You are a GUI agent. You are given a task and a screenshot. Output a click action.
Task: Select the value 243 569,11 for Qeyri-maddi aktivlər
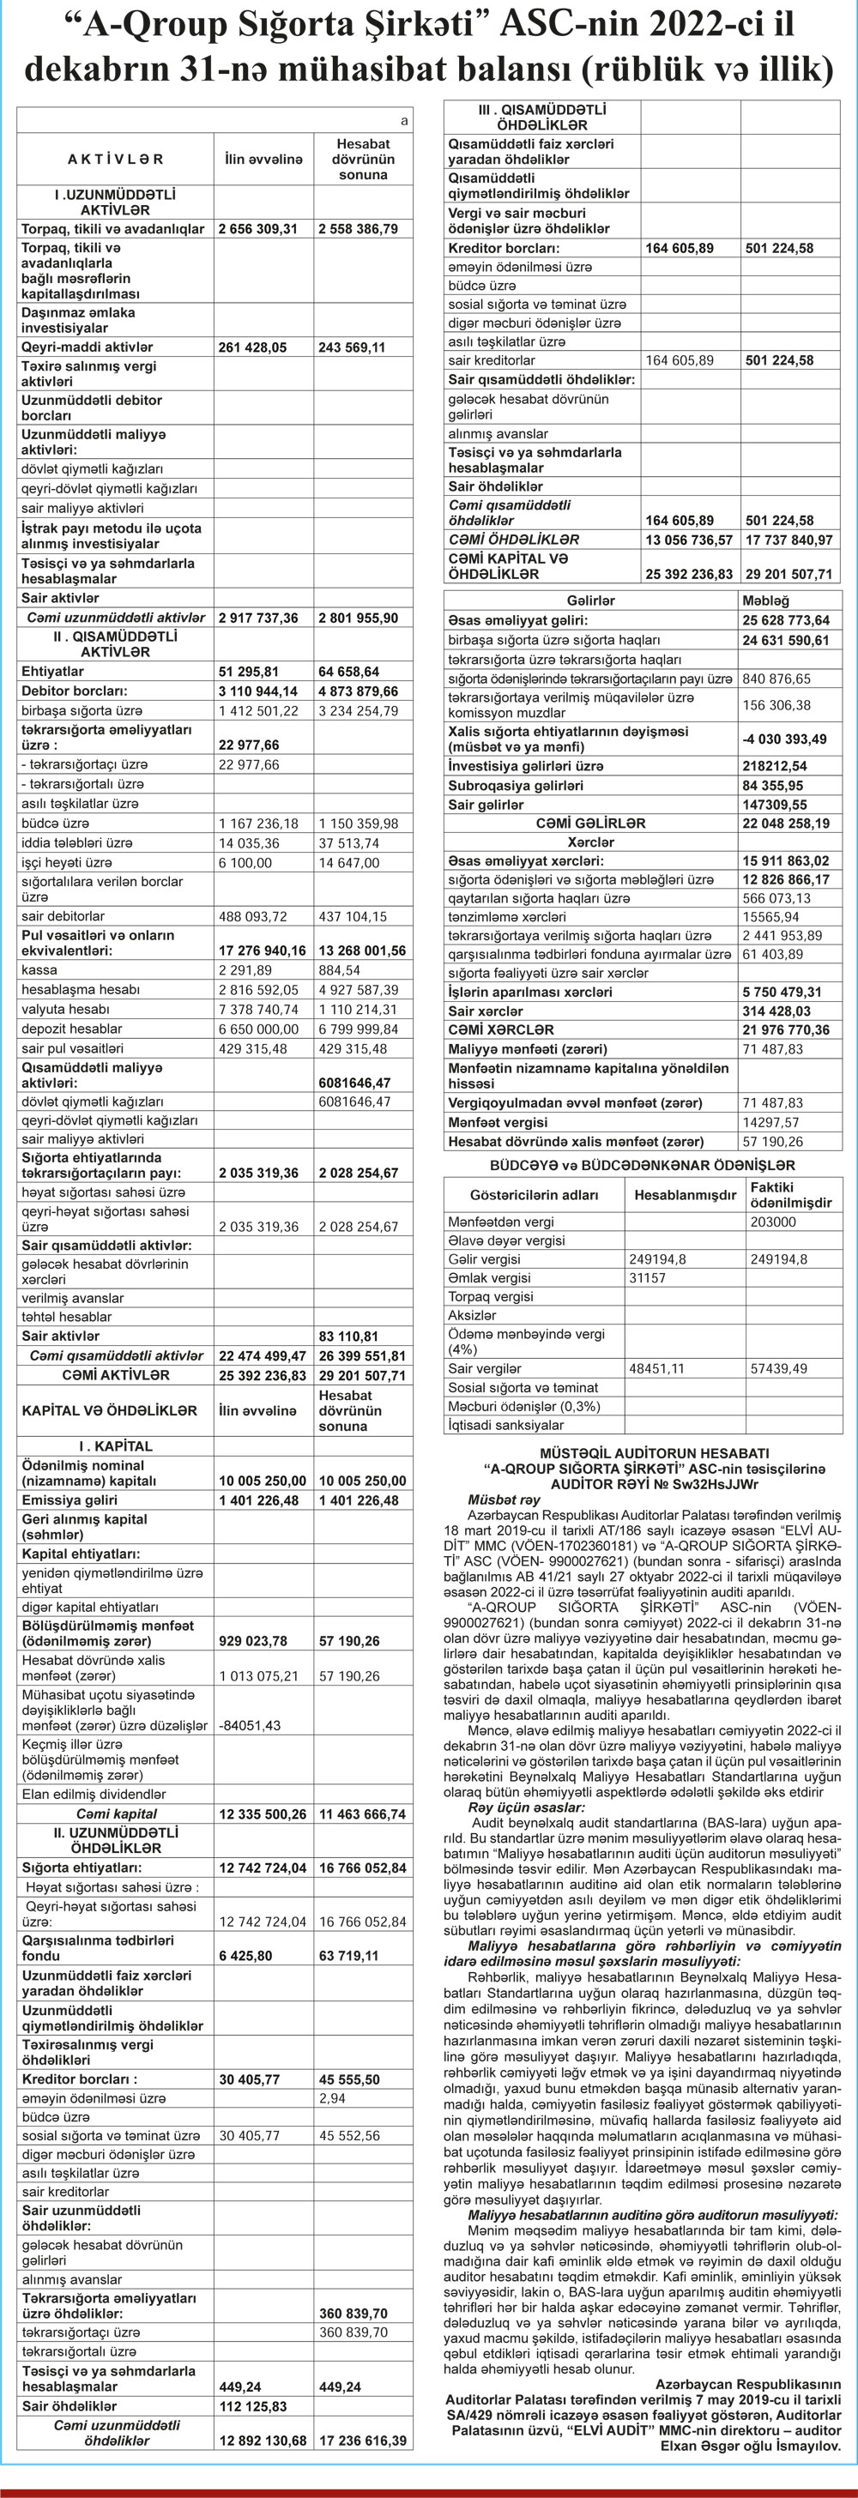351,347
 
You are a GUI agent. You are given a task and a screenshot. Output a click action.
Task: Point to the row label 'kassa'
39,969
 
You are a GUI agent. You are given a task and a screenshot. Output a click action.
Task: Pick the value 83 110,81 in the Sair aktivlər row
348,1336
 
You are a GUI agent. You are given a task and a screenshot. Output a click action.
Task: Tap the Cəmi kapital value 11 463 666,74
361,1813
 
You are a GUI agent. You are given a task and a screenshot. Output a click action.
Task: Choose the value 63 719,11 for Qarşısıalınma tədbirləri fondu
348,1955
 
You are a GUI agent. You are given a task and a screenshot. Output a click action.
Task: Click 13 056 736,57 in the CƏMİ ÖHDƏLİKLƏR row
688,540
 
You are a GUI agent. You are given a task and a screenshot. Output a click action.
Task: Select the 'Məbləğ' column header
765,600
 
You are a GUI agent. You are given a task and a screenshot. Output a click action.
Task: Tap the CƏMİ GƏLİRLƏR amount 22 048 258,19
785,824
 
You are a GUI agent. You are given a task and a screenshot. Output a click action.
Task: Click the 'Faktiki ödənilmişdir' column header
791,1195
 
